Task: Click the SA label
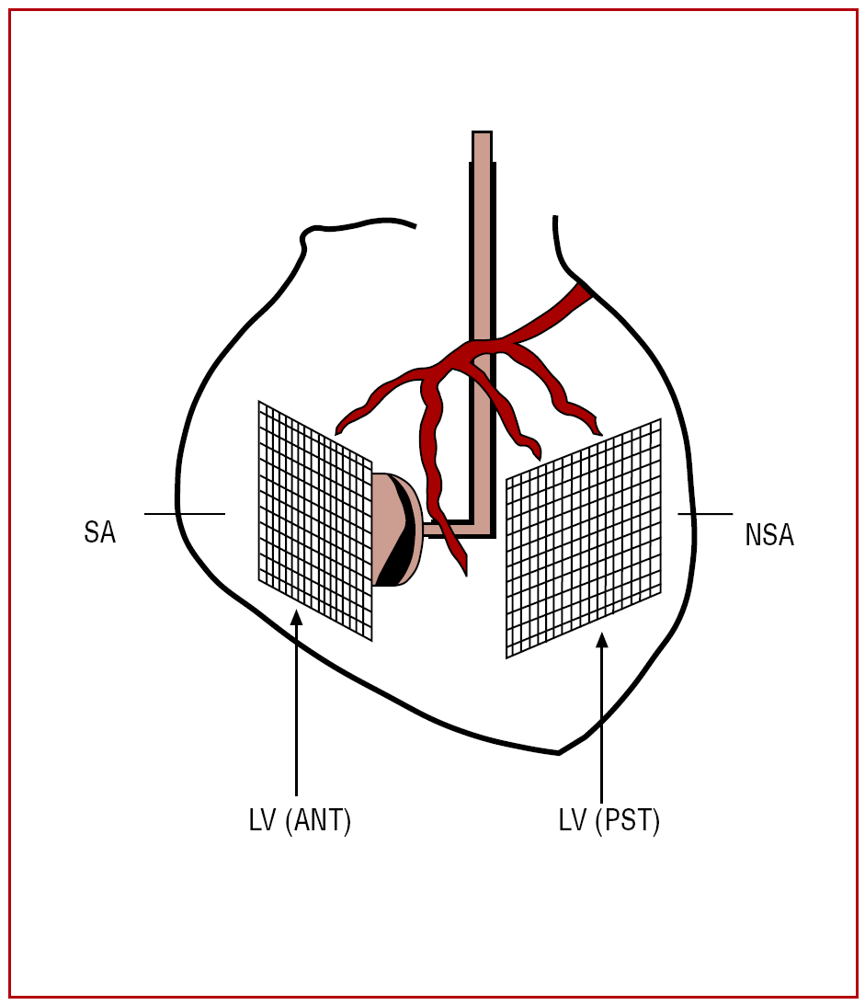coord(99,532)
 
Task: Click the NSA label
coord(769,535)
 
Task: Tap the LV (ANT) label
coord(300,821)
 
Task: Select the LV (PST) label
coord(609,820)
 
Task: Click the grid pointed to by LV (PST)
coord(584,538)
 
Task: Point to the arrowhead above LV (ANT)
coord(296,618)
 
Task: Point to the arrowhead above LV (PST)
coord(602,641)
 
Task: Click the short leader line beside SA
coord(185,513)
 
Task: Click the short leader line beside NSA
coord(705,514)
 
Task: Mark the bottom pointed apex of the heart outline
coord(559,753)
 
